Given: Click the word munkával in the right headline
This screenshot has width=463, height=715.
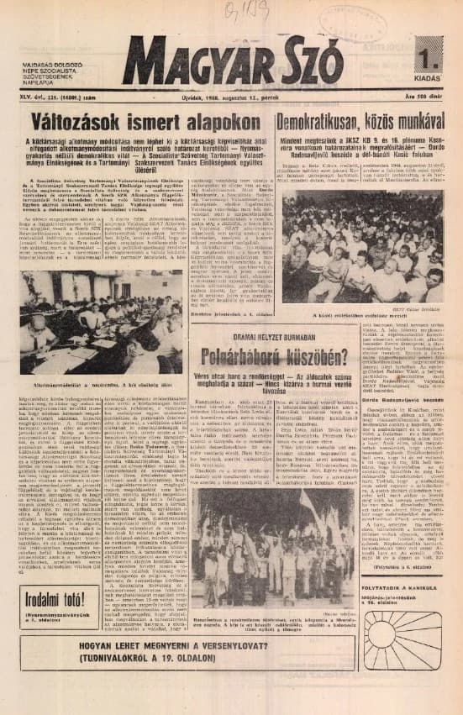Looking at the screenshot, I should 412,121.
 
